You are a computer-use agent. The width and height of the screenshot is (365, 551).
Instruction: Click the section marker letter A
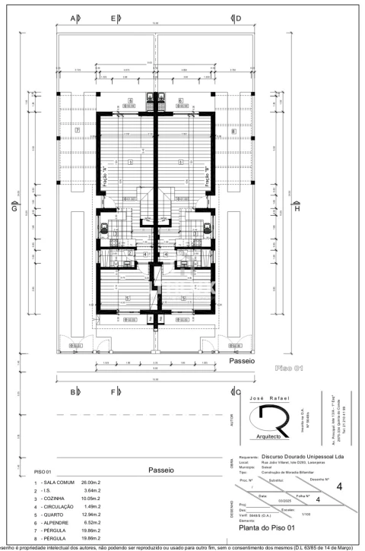tap(73, 17)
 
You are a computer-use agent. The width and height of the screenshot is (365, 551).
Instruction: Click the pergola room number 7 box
tap(78, 131)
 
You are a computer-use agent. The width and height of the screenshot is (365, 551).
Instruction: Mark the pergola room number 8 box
tap(233, 131)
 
